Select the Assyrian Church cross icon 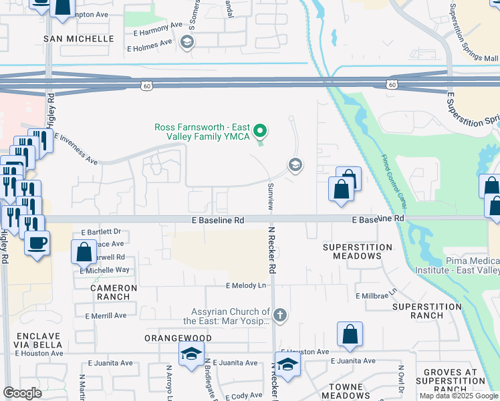pyautogui.click(x=281, y=314)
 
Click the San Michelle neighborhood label pyautogui.click(x=79, y=39)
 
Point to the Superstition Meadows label pyautogui.click(x=357, y=251)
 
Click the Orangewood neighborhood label pyautogui.click(x=178, y=338)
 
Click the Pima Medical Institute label pyautogui.click(x=472, y=265)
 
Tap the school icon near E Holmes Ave pyautogui.click(x=186, y=43)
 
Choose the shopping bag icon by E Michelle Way pyautogui.click(x=84, y=252)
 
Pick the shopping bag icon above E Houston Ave pyautogui.click(x=350, y=334)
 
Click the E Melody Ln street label pyautogui.click(x=245, y=285)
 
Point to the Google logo pyautogui.click(x=22, y=393)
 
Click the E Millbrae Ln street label pyautogui.click(x=376, y=295)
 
